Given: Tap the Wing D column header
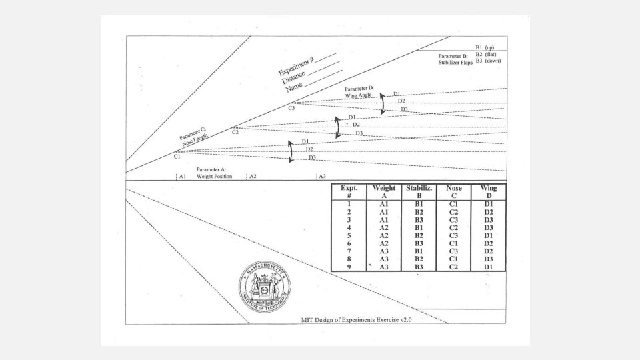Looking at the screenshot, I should (x=489, y=191).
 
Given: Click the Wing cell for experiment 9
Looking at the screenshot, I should (x=489, y=267).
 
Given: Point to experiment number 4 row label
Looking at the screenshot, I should (x=349, y=227).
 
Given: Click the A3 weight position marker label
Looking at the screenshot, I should (x=321, y=177).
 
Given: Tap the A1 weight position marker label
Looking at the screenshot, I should (x=182, y=177).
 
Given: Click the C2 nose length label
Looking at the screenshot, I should (x=235, y=133).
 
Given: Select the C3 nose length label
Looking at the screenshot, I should (x=292, y=108).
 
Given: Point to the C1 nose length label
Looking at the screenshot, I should (x=177, y=157).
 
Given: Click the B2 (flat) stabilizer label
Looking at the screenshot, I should (x=485, y=54).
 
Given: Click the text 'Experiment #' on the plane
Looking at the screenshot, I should (x=296, y=67).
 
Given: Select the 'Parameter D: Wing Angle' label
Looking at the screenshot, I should (x=359, y=92).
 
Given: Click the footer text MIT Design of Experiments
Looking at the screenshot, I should (x=357, y=320).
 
